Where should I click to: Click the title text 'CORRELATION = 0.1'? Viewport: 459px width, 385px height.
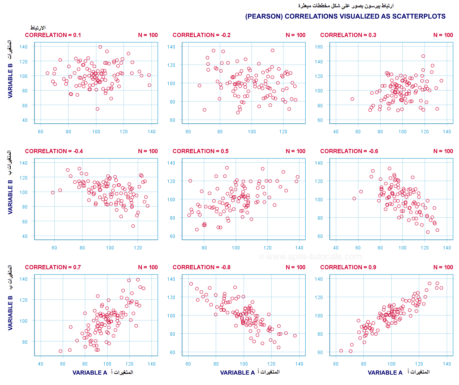tap(53, 35)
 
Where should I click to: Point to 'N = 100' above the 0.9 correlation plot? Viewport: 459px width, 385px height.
tap(443, 267)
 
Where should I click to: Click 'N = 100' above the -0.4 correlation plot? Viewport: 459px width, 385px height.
tap(148, 151)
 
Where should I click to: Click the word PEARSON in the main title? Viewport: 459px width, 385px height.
tap(264, 16)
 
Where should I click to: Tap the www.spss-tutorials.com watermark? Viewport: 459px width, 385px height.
tap(310, 257)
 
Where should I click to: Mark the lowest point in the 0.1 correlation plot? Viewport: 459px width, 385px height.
tap(98, 109)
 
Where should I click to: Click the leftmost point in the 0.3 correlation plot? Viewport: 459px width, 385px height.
tap(352, 99)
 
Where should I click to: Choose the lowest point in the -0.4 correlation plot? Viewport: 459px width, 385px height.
tap(133, 226)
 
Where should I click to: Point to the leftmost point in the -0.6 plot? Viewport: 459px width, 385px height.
tap(354, 199)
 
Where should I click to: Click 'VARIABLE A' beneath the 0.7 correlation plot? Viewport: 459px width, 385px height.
tap(90, 372)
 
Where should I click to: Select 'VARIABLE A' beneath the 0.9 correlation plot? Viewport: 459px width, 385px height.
tap(385, 372)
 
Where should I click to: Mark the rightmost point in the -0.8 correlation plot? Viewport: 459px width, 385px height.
tap(295, 336)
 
